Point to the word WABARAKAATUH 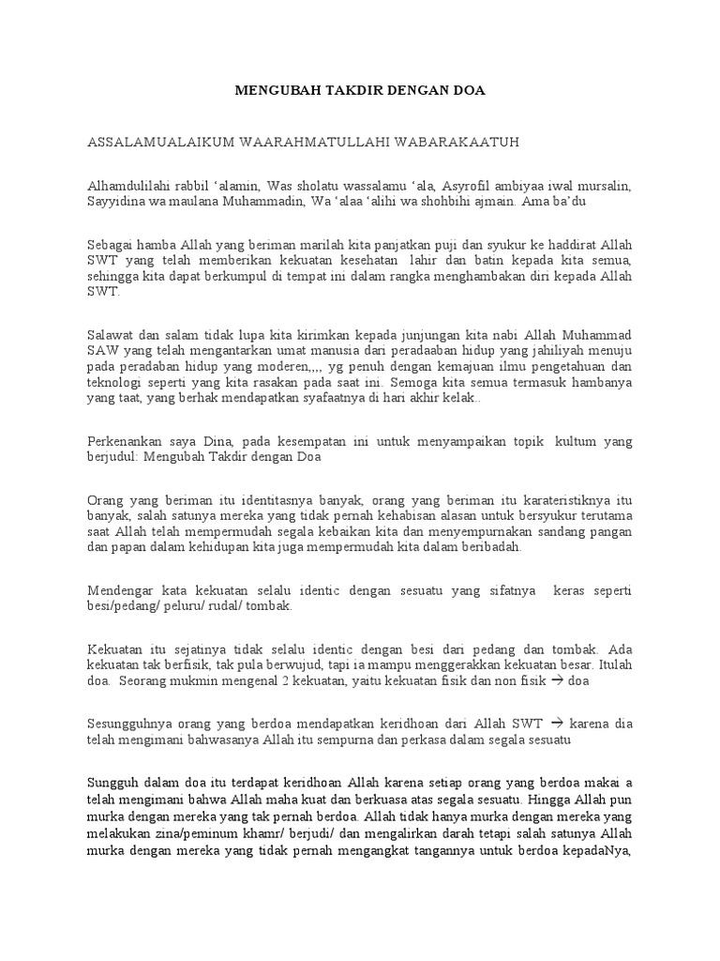pos(460,142)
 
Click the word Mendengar pos(120,590)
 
